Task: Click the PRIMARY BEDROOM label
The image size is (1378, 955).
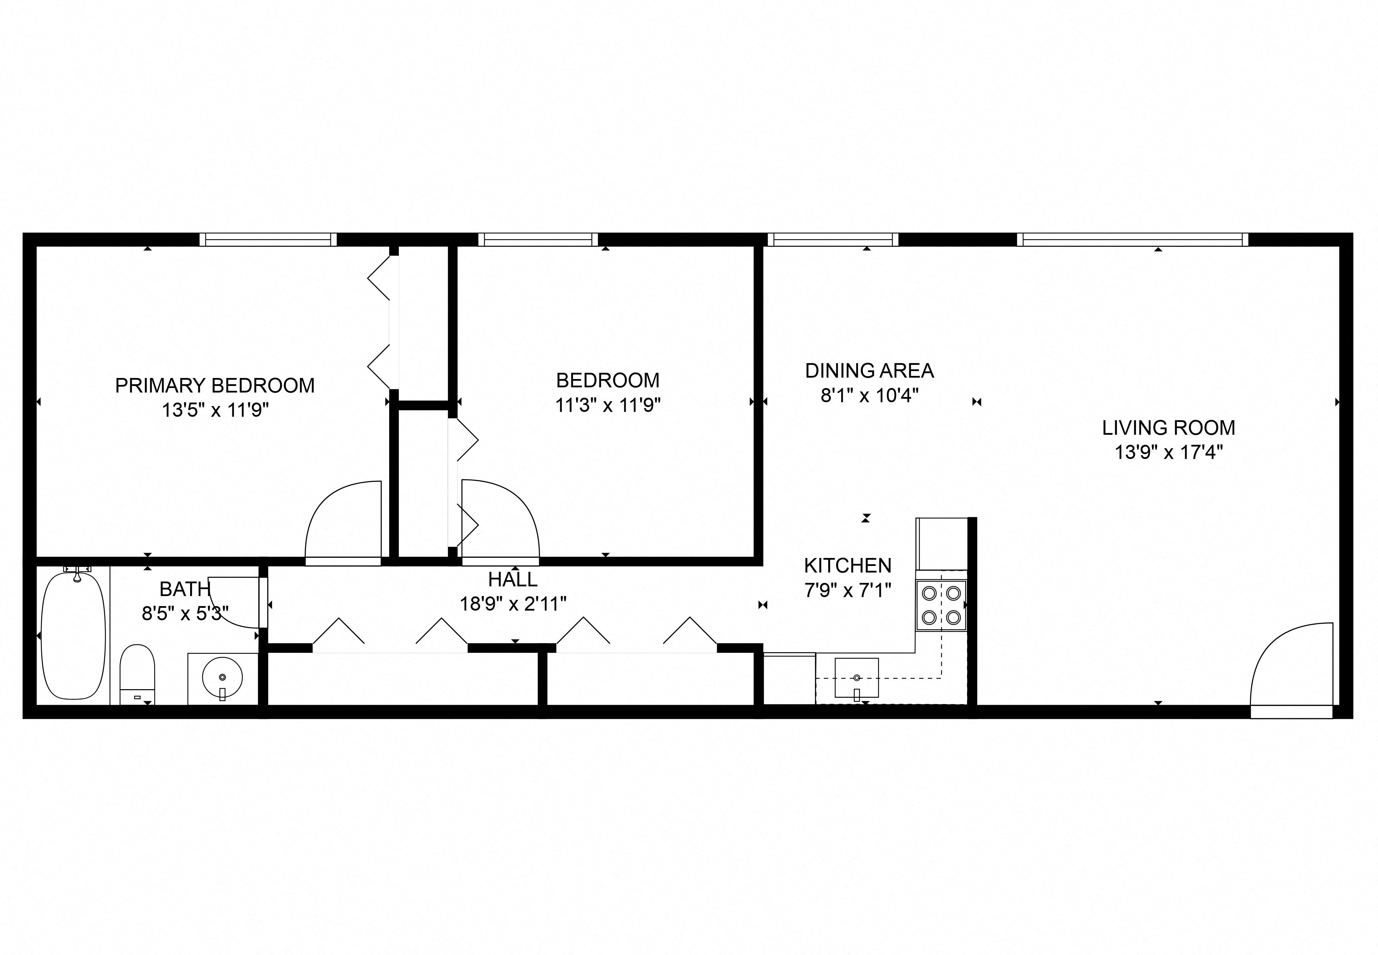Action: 215,385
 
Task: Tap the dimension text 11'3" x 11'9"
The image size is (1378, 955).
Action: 607,406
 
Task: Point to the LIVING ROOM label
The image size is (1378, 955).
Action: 1168,428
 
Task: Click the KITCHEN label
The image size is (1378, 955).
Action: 847,566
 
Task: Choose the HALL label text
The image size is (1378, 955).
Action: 513,579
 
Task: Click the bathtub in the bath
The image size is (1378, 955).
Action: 74,636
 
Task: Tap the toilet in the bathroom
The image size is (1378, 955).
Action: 137,674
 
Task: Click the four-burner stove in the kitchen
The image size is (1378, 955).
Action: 941,605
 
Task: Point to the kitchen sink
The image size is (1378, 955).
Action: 856,678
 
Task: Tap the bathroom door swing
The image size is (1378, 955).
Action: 236,601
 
